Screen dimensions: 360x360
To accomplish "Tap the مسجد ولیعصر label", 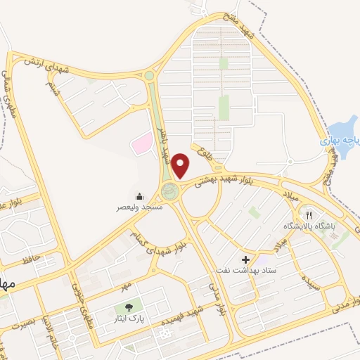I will pos(139,208).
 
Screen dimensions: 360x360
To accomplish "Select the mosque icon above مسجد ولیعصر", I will pos(139,197).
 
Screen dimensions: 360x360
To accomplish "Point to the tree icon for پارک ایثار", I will pos(129,307).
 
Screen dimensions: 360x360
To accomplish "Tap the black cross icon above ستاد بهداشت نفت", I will pos(245,259).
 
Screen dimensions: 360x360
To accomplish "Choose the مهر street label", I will pos(125,287).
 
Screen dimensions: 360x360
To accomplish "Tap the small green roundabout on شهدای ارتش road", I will pos(149,75).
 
